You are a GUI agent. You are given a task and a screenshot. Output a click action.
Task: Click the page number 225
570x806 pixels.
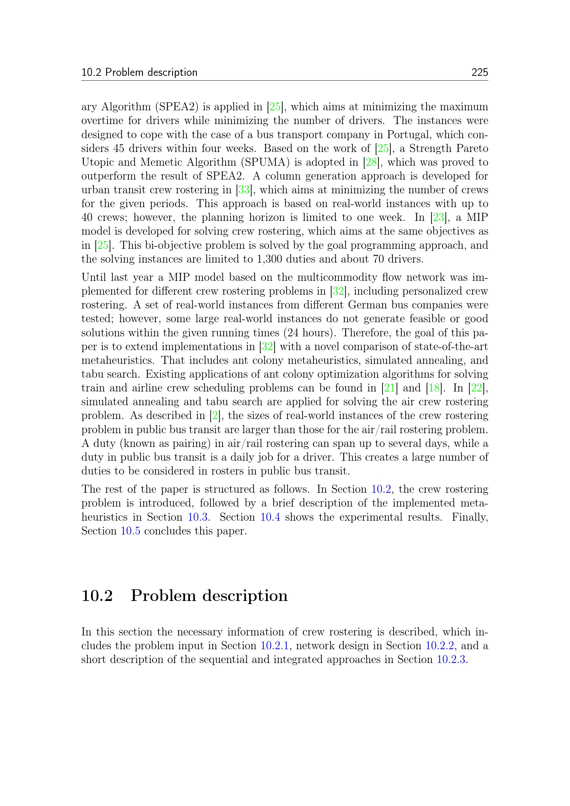point(479,72)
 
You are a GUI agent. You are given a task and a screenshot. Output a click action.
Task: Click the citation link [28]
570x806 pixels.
point(371,162)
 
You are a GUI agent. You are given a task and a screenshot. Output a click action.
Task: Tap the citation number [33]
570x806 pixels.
point(244,190)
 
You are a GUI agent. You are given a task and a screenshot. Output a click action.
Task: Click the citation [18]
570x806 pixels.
point(434,388)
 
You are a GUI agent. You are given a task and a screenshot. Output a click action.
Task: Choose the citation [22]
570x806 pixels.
point(477,388)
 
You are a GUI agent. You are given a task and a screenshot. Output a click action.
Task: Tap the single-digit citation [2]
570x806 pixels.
point(215,416)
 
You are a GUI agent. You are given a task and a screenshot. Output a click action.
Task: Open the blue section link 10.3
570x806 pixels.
point(197,517)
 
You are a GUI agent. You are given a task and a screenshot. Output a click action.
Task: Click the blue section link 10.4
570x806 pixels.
point(270,517)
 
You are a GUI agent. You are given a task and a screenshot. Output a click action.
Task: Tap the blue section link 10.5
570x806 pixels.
point(130,531)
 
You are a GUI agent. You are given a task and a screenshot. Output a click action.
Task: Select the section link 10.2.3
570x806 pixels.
point(451,659)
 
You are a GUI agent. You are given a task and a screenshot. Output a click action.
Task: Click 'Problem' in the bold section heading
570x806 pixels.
point(163,596)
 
